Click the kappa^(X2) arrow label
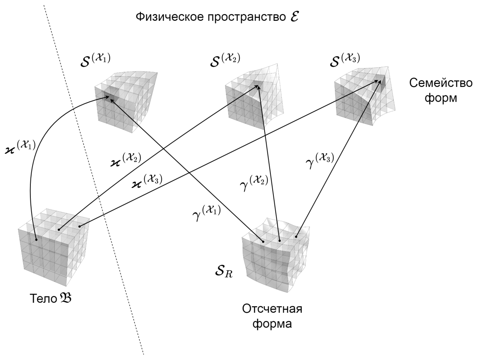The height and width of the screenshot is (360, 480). [126, 160]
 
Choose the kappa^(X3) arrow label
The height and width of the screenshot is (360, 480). [147, 182]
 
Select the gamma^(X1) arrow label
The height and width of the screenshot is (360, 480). [207, 213]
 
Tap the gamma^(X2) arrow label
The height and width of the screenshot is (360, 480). [254, 183]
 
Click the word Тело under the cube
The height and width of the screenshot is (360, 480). [43, 299]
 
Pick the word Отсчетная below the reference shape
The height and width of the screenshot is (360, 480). [272, 309]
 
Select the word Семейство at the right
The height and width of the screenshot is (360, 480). [441, 83]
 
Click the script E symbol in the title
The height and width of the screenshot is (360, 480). [294, 17]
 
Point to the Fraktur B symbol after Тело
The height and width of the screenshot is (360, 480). [65, 298]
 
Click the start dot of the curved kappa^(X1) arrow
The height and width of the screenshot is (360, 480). [36, 240]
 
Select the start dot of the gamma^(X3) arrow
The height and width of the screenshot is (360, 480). [296, 237]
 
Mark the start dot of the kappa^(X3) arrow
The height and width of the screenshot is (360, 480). [79, 226]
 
